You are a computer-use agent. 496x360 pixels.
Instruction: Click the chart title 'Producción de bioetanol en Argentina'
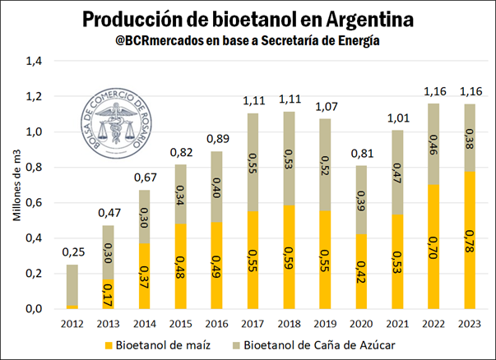248,19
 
